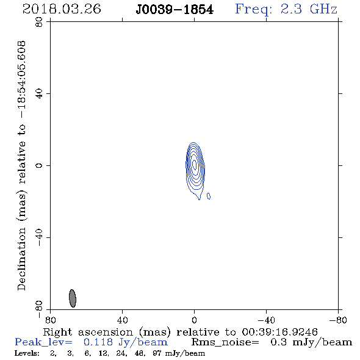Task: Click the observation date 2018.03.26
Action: coord(62,9)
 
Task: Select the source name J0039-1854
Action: coord(175,10)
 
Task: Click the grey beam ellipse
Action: coord(73,298)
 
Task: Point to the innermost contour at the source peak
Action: coord(195,164)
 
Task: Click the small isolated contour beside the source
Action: coord(209,196)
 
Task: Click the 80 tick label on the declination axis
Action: coord(39,22)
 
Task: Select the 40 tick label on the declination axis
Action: coord(39,94)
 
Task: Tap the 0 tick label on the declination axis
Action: coord(39,165)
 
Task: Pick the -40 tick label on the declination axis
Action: coord(39,237)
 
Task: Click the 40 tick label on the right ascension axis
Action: coord(122,320)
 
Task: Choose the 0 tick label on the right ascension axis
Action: coord(194,320)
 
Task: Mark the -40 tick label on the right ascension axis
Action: coord(266,320)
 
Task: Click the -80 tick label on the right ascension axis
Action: coord(338,320)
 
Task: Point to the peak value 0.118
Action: coord(98,342)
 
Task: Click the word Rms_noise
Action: coord(225,342)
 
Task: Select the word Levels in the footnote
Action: coord(27,353)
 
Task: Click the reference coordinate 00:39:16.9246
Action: coord(279,332)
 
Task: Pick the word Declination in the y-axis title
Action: coord(21,259)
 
